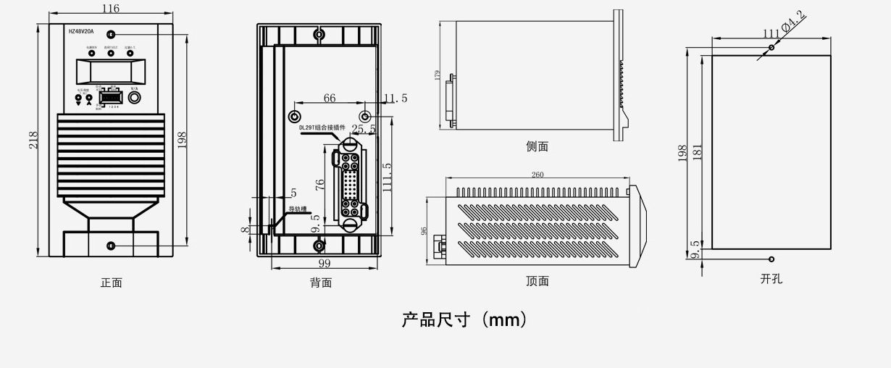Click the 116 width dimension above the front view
(x=110, y=9)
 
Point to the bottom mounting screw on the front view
(x=110, y=246)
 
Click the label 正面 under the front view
(x=111, y=283)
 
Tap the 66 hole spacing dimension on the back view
(x=330, y=99)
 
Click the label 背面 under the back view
(x=321, y=283)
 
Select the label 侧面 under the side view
(x=537, y=146)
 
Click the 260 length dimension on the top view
(x=537, y=175)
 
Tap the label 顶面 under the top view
(x=537, y=281)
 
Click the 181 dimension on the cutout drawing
(x=697, y=152)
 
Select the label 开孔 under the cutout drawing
(x=771, y=278)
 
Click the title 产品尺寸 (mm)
(x=464, y=319)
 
